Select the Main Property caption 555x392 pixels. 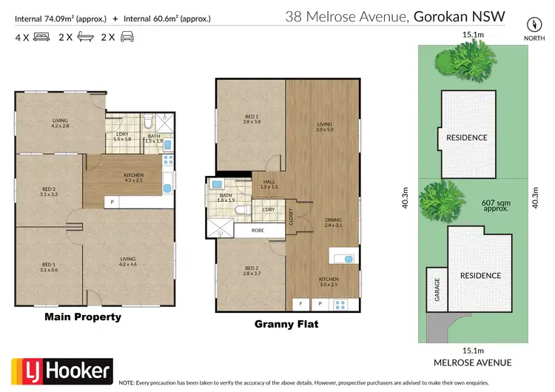click(83, 317)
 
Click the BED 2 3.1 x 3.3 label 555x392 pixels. click(49, 194)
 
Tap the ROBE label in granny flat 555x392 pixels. click(258, 230)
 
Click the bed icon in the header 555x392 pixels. click(38, 36)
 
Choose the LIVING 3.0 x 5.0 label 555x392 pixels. click(323, 127)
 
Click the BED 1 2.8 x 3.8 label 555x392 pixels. click(252, 119)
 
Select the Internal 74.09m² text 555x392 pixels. click(60, 17)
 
